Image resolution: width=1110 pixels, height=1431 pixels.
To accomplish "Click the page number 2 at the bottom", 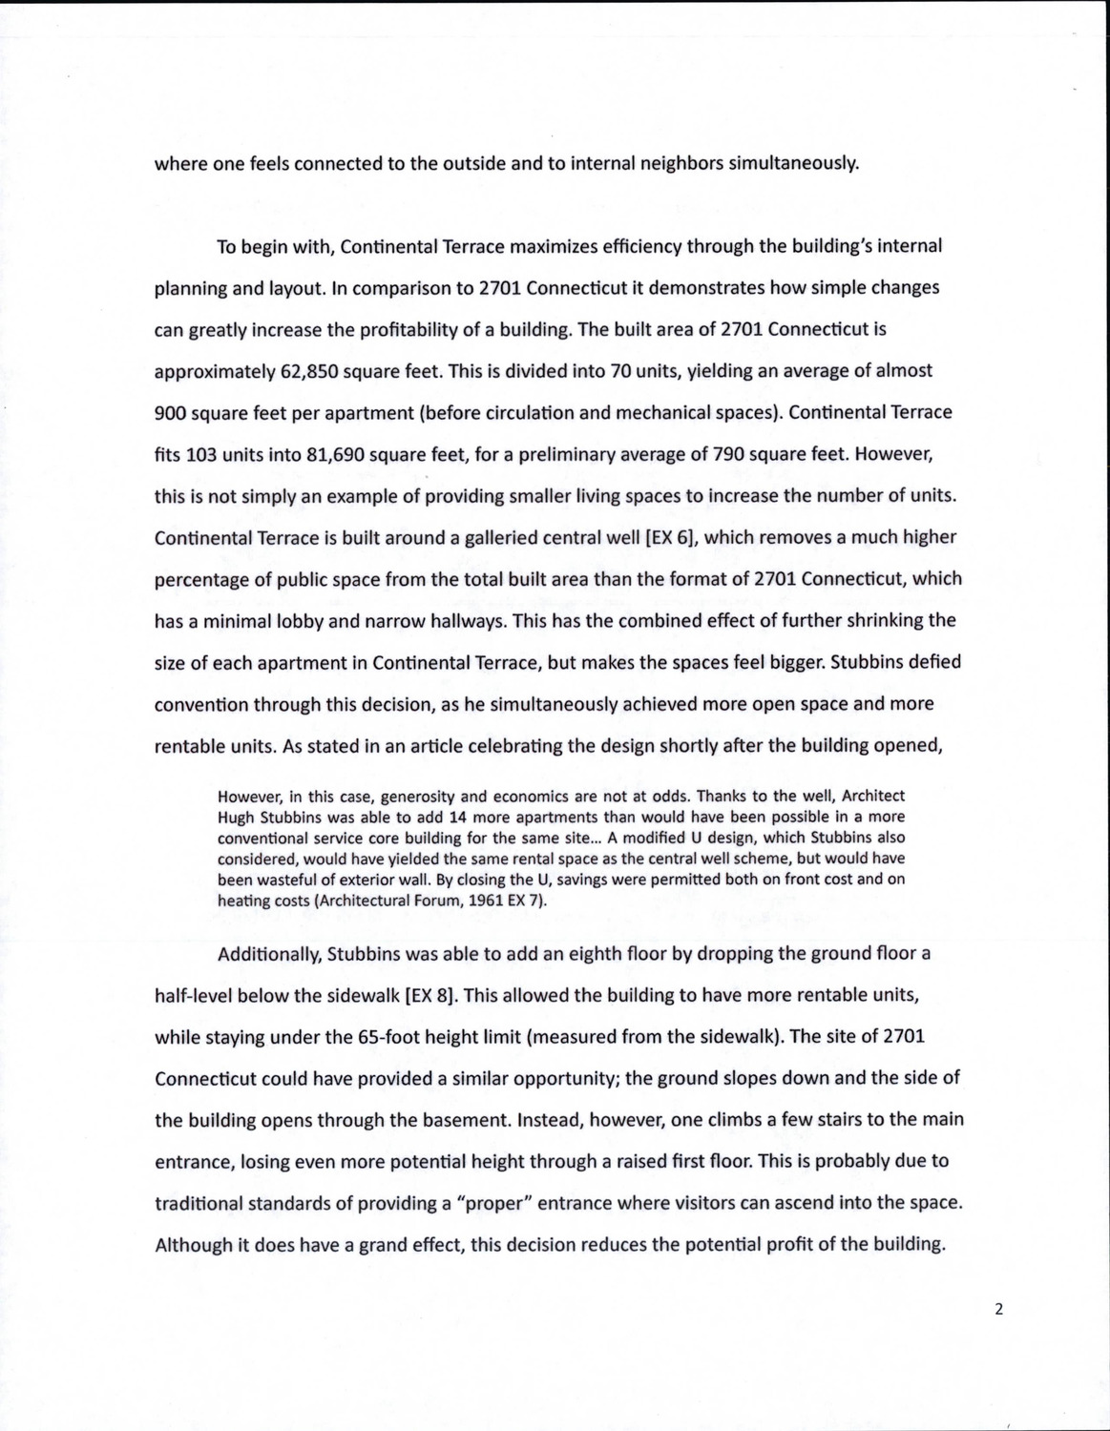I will [x=998, y=1309].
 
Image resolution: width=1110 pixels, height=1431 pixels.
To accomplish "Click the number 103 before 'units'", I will [x=200, y=453].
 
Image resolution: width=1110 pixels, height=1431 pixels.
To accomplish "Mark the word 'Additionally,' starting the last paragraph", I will [x=266, y=953].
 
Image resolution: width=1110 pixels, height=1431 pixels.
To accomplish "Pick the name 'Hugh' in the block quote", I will [x=235, y=817].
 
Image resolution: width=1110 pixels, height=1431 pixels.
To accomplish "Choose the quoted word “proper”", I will [x=494, y=1202].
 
